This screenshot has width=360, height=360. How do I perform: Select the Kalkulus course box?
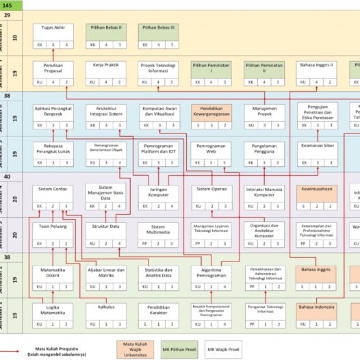105,311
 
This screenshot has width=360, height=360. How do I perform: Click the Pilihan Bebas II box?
105,31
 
